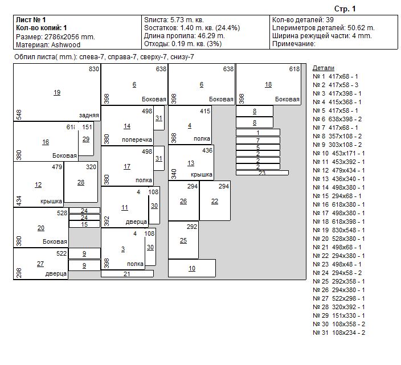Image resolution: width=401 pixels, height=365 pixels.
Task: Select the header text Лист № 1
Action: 32,20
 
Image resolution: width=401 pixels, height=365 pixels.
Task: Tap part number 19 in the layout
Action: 56,92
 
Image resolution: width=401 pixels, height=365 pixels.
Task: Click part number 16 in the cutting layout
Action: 46,142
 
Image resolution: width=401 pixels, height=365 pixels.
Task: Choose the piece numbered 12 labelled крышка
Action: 38,184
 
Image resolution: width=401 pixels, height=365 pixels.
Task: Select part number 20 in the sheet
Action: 40,228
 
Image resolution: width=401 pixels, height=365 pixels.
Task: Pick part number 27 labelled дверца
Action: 40,264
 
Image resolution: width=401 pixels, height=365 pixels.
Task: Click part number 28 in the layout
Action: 80,182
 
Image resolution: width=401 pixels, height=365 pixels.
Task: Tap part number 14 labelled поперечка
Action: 127,126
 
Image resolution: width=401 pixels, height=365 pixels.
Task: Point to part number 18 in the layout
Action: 268,84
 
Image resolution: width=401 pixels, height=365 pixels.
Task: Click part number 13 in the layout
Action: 191,163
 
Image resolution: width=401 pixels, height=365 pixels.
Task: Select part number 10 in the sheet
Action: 192,268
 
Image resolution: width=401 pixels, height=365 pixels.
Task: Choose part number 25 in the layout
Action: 183,240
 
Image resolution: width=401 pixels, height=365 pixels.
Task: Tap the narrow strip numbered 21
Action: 127,274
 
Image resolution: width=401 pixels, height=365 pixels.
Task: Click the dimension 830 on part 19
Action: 94,69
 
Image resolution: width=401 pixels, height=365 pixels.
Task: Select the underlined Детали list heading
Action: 324,67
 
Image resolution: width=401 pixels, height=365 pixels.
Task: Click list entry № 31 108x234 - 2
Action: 339,333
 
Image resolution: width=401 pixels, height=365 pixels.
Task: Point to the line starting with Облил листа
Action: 104,57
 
